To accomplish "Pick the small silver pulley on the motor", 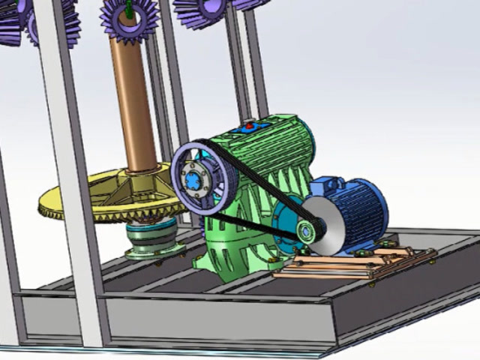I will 328,225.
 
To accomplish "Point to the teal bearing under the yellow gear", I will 154,238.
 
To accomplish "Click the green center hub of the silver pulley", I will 306,231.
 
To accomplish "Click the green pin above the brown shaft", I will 128,9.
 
